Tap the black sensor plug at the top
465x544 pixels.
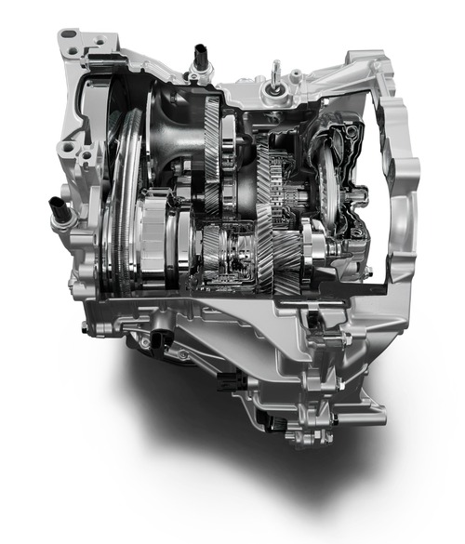200,58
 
